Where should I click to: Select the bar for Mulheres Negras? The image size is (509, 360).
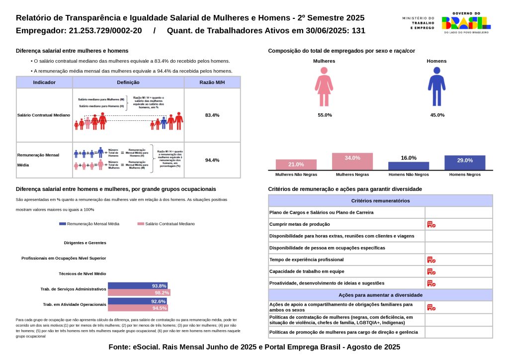[x=352, y=161]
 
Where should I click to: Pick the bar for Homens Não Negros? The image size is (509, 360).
[x=409, y=166]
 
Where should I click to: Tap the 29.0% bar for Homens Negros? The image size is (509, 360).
[x=465, y=163]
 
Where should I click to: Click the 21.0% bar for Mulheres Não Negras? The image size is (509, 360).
[x=296, y=165]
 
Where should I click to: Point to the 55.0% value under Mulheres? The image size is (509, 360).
[x=325, y=115]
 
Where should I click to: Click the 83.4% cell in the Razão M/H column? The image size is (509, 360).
[x=212, y=115]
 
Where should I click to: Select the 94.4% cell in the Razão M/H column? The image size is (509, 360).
[x=212, y=160]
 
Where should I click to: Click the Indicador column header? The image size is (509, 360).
[x=44, y=83]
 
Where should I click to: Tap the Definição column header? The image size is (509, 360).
[x=128, y=83]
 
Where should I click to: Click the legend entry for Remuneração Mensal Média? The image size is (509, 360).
[x=89, y=224]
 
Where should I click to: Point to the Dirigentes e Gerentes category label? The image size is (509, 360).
[x=85, y=243]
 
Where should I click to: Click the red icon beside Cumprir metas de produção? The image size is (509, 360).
[x=431, y=225]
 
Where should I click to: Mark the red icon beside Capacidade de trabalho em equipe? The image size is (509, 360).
[x=431, y=271]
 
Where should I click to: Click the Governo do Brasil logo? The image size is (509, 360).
[x=466, y=22]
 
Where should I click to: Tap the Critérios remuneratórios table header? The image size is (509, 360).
[x=380, y=201]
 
